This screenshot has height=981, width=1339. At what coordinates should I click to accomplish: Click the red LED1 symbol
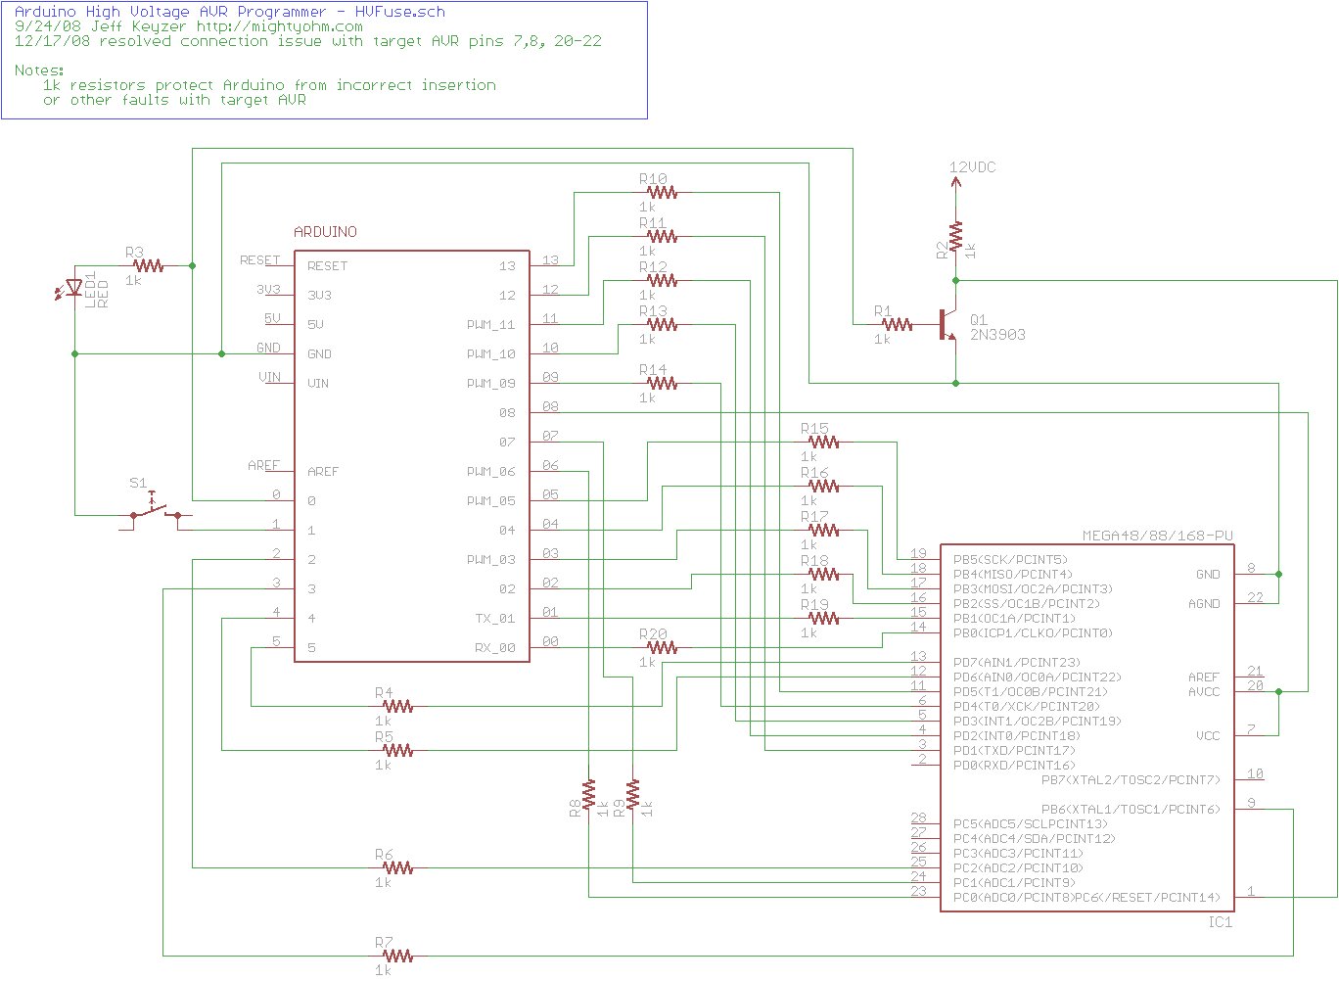point(73,288)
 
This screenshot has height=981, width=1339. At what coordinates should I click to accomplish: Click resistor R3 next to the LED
point(148,265)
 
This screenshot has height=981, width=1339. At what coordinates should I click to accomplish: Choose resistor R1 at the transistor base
point(897,324)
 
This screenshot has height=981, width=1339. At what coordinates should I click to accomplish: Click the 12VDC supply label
point(972,167)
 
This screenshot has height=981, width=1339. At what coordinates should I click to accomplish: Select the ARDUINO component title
point(326,232)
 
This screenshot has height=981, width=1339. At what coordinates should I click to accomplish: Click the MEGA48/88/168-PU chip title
point(1157,536)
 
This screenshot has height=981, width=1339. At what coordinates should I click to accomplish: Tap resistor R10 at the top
point(662,193)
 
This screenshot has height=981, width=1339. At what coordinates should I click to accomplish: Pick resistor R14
point(662,383)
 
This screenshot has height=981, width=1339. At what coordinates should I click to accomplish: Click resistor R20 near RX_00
point(662,647)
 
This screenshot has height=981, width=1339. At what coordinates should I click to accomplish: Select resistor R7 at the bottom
point(397,956)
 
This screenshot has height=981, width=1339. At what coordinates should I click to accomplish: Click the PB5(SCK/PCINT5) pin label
point(1010,560)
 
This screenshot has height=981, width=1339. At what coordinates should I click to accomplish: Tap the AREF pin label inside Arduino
point(322,472)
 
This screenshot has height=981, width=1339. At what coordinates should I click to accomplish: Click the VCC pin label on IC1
point(1208,735)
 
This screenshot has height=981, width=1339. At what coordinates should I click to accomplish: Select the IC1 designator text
point(1220,922)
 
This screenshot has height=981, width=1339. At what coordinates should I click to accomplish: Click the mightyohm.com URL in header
point(279,26)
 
